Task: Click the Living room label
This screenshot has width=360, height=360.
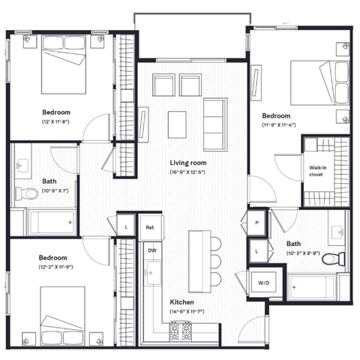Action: click(x=187, y=162)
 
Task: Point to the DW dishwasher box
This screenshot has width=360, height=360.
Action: click(x=151, y=250)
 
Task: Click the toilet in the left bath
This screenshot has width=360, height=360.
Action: click(x=28, y=193)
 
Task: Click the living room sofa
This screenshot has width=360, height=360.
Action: click(x=215, y=118)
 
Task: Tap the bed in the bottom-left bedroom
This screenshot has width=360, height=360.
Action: click(x=64, y=315)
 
